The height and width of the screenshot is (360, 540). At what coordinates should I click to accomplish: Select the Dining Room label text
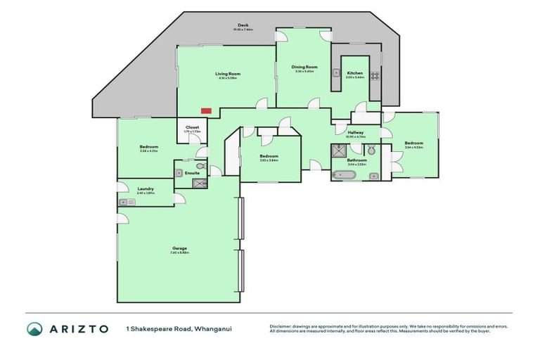[304, 67]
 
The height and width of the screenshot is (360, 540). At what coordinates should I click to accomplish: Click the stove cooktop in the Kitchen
[375, 76]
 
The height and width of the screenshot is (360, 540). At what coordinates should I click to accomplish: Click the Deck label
[243, 25]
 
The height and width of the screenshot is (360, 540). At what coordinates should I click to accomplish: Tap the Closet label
[192, 127]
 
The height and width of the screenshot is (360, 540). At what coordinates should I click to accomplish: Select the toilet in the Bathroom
[371, 150]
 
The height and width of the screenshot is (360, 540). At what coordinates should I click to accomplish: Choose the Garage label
[179, 248]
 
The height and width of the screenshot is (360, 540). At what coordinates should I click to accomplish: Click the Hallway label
[356, 132]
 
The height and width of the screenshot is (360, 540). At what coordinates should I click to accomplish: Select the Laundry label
[146, 188]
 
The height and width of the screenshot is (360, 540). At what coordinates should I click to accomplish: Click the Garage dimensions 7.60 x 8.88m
[179, 253]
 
